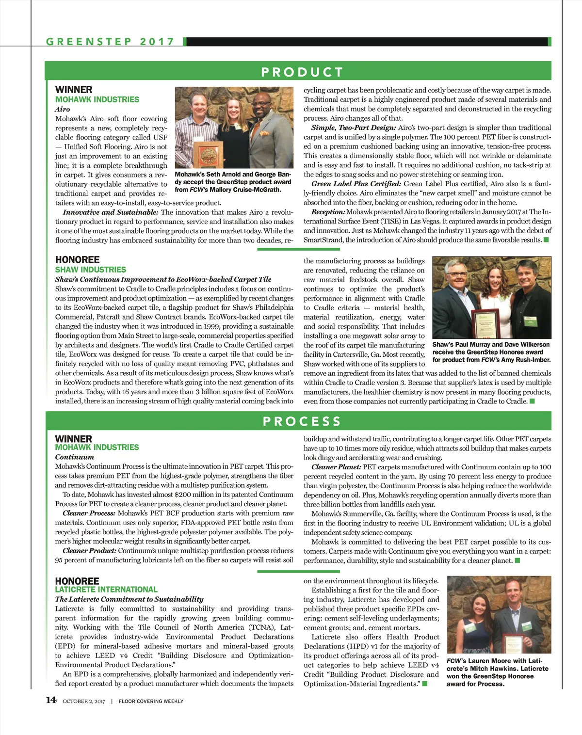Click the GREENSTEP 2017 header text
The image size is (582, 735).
[110, 42]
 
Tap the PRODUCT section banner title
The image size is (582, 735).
[302, 72]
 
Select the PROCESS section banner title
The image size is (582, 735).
[302, 421]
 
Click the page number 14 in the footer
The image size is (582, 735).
[51, 700]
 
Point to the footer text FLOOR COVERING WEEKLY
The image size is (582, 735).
[151, 701]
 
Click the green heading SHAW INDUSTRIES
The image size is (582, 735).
[90, 270]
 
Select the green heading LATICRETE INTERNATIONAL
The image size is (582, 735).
[106, 590]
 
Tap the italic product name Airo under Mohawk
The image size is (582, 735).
[63, 109]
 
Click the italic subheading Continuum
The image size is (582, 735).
[74, 457]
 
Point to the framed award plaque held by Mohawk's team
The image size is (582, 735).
[208, 154]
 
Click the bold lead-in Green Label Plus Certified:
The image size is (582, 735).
[356, 184]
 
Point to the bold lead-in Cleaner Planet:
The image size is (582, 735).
[336, 467]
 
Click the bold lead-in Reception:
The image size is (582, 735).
[328, 212]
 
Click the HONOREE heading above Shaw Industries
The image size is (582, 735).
[77, 260]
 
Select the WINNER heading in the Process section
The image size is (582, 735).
[73, 439]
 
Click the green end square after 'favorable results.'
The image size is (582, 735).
[546, 240]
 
